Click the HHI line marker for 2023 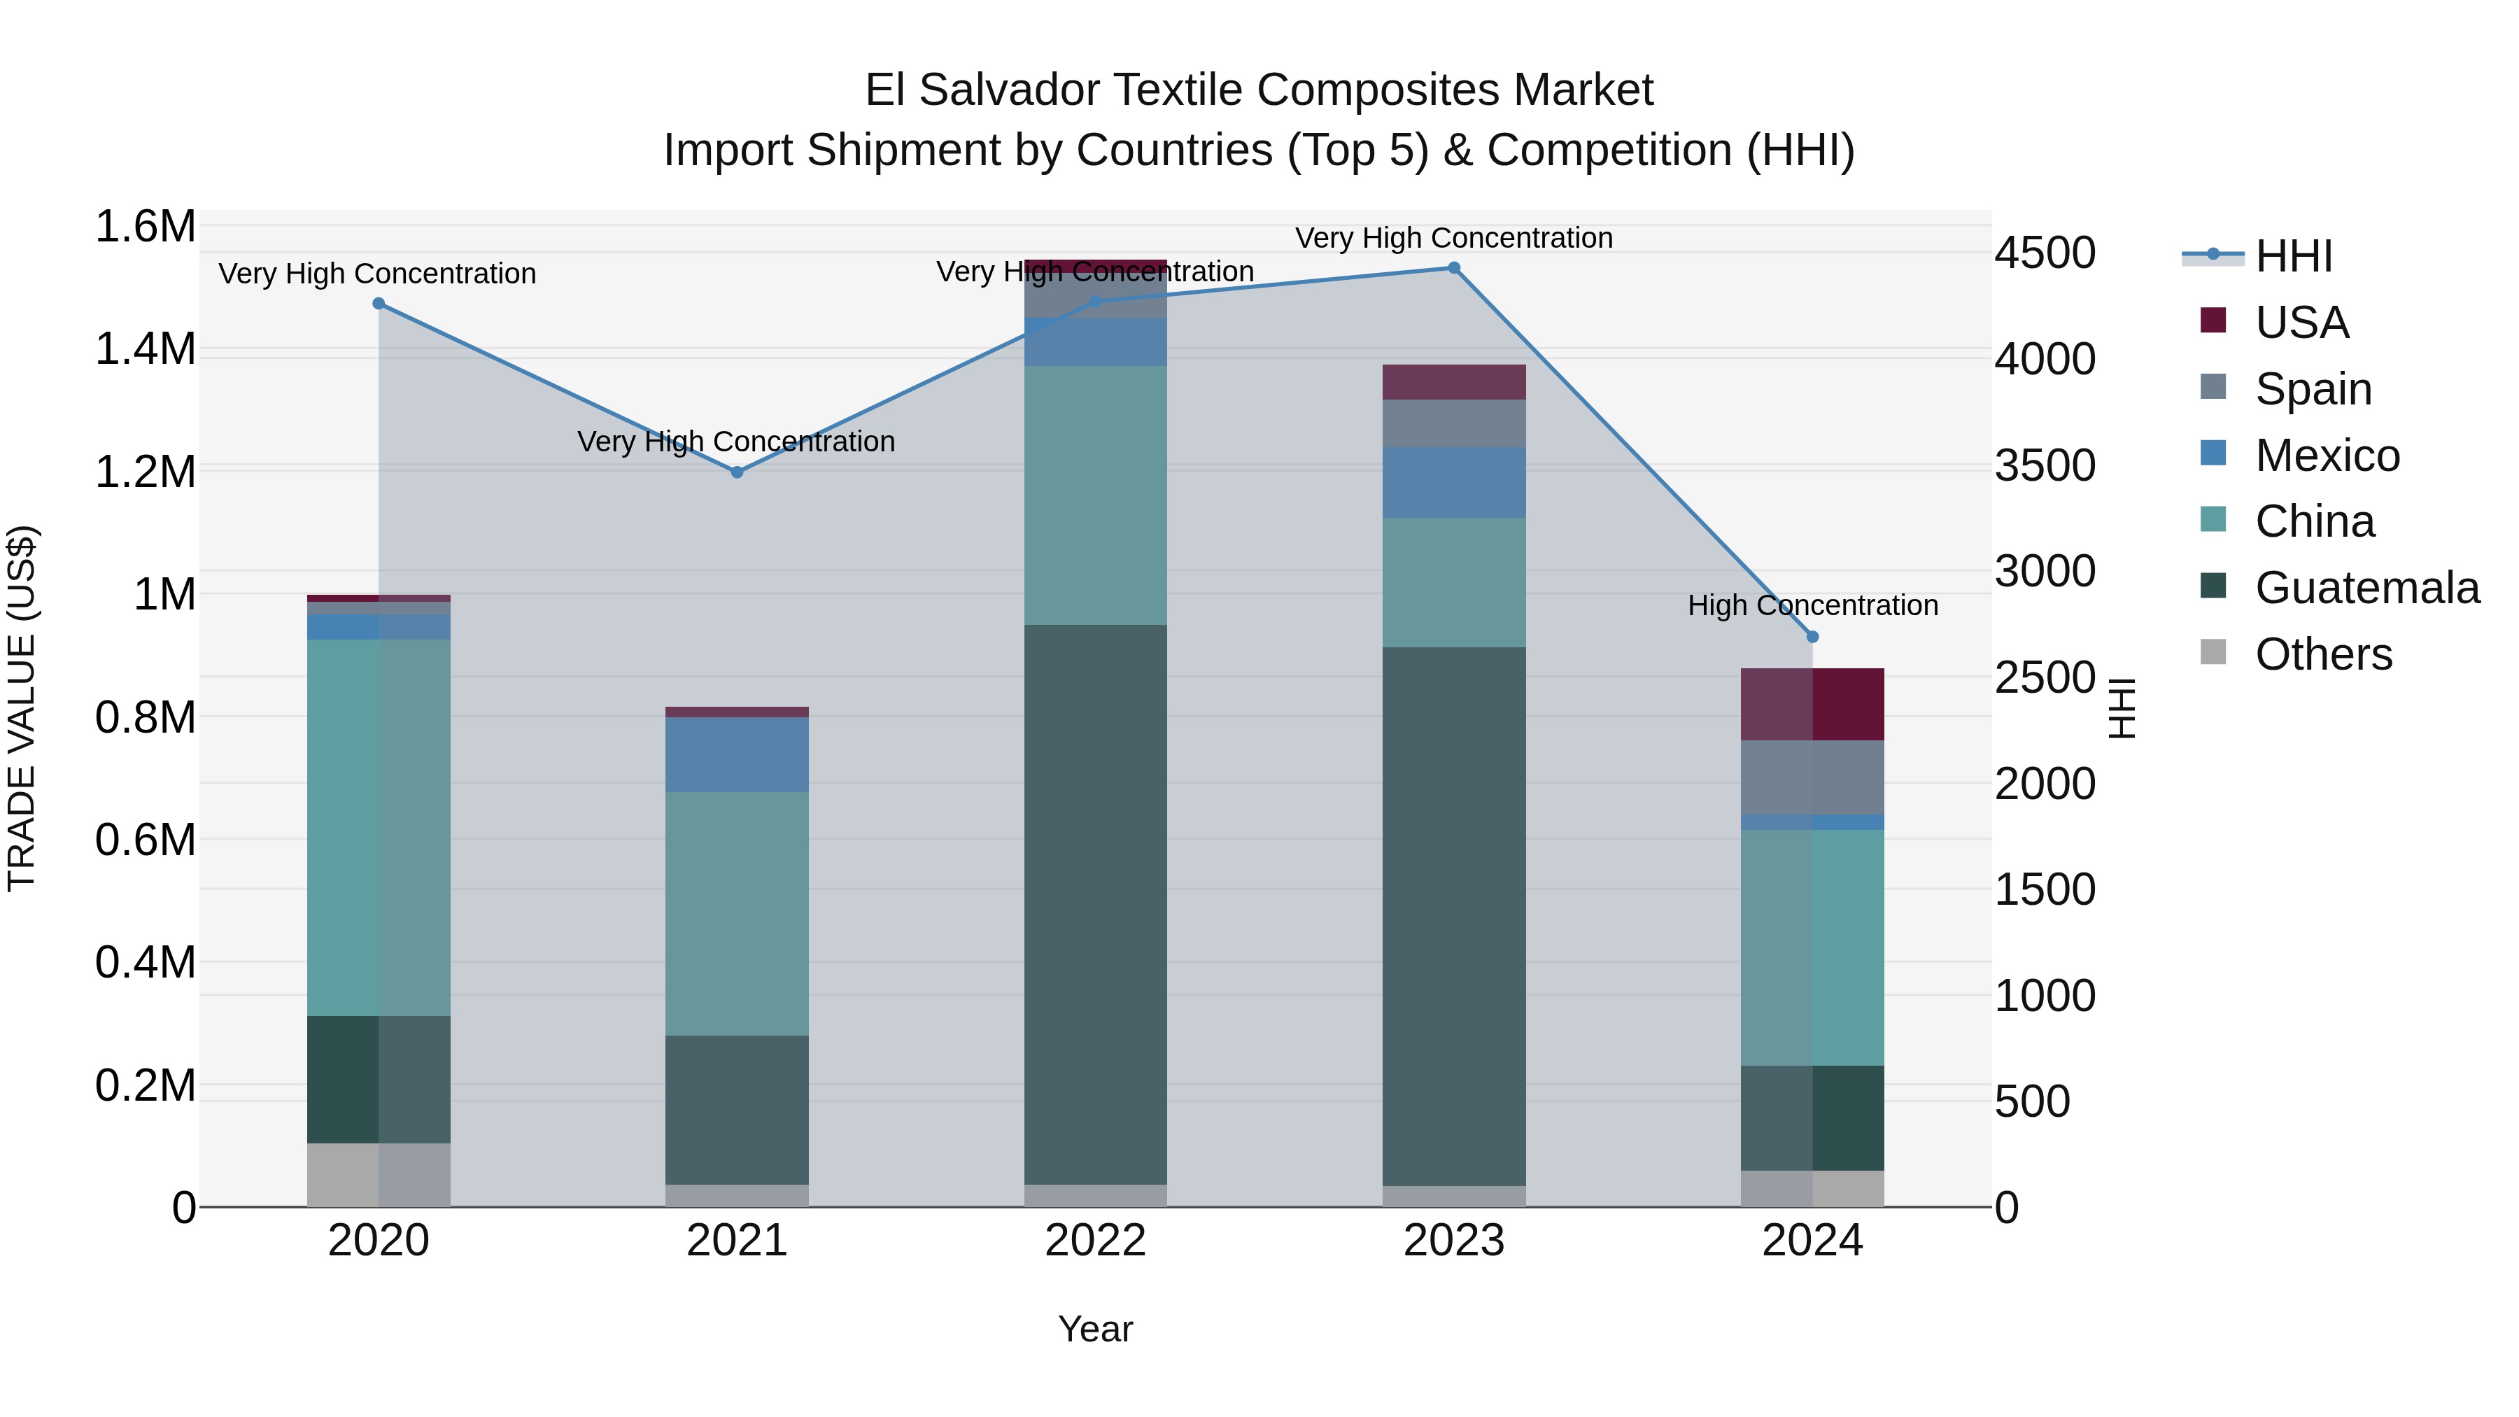(1453, 268)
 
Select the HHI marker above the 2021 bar (738, 472)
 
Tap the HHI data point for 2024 (1812, 637)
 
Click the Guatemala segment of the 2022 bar (1095, 905)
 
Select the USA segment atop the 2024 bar (1812, 704)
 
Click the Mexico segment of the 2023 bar (1453, 482)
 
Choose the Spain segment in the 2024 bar (1812, 777)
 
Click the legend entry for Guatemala (2366, 588)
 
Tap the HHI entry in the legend (2292, 256)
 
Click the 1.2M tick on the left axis (145, 472)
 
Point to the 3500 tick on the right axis (2045, 465)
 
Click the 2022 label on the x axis (1095, 1241)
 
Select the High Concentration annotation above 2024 (1812, 605)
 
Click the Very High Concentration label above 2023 (1453, 238)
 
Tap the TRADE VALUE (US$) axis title (22, 708)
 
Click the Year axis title (1095, 1329)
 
